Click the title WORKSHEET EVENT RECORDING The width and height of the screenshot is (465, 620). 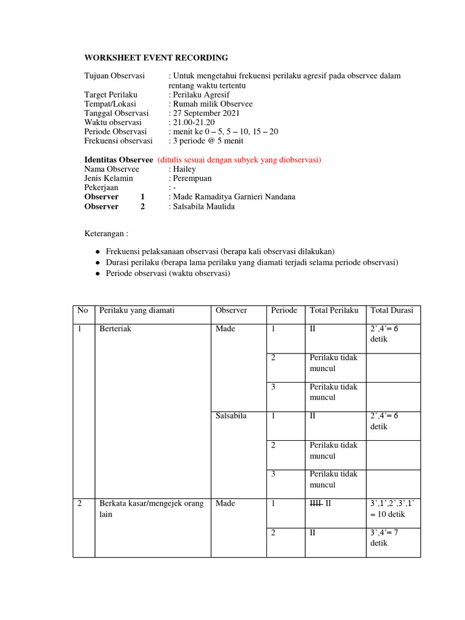(156, 58)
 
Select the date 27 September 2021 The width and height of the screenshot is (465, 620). (206, 113)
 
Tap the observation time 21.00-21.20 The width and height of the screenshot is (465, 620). (193, 122)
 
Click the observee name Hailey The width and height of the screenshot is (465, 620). (184, 170)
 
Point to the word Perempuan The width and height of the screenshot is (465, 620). (193, 179)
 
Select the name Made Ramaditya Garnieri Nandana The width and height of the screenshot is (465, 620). (234, 197)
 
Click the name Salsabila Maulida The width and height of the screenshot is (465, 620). (203, 206)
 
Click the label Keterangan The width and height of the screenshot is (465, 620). (106, 233)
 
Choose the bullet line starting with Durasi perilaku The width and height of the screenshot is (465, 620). (252, 262)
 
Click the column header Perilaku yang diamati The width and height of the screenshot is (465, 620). (137, 311)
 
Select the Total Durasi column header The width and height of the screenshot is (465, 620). (392, 311)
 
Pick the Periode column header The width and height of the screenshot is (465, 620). (284, 311)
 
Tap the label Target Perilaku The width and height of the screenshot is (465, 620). (111, 95)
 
